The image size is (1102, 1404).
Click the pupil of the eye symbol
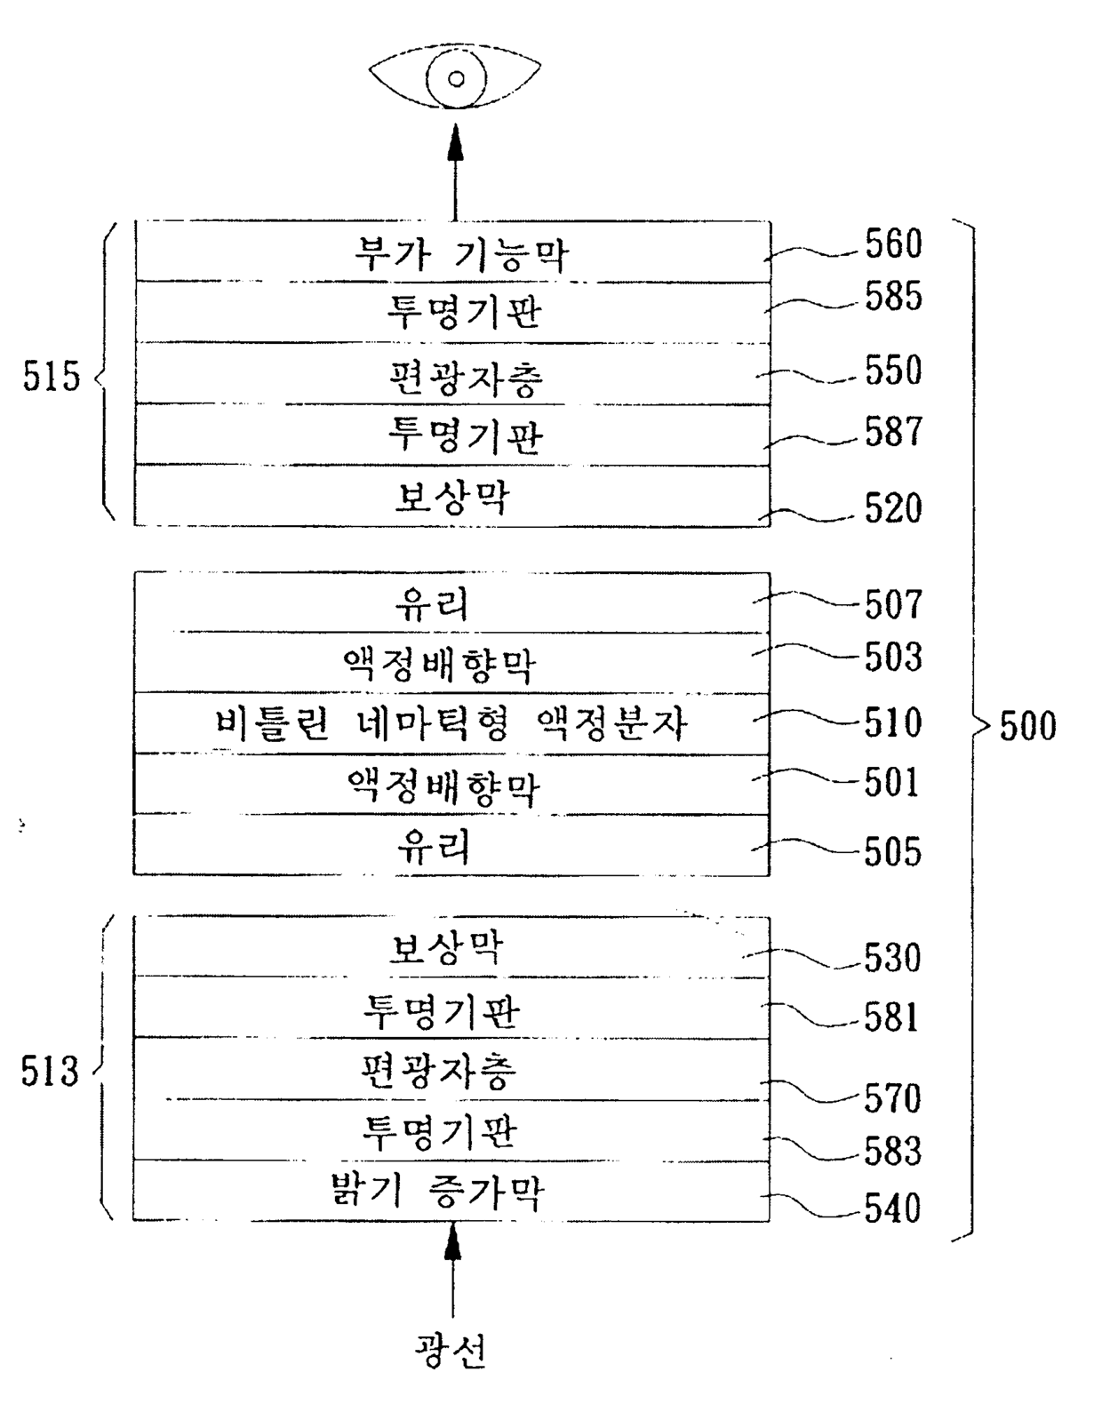(456, 79)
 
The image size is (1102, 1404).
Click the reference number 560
(893, 244)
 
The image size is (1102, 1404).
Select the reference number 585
(893, 297)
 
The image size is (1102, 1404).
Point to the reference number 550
(893, 371)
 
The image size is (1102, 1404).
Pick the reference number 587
(893, 432)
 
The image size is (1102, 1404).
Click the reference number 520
(893, 508)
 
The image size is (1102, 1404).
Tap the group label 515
(52, 376)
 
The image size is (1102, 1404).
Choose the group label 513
(50, 1071)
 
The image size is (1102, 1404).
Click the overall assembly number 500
(1028, 726)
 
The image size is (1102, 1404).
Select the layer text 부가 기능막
(461, 254)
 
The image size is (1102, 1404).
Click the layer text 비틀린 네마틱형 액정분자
(451, 724)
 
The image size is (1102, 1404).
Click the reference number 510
(893, 722)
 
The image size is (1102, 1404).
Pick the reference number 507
(893, 605)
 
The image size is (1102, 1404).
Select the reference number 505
(893, 851)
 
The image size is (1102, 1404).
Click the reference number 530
(893, 958)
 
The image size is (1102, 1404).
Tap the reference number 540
(893, 1208)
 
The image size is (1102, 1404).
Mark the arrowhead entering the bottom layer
(453, 1240)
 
